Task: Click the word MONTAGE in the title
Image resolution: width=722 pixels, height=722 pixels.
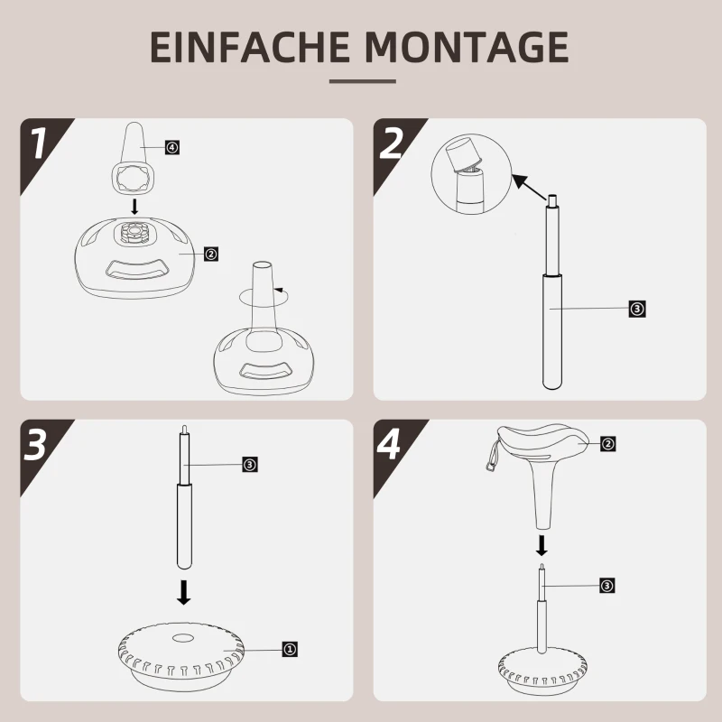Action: point(459,47)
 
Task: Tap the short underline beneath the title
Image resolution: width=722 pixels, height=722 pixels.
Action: point(362,81)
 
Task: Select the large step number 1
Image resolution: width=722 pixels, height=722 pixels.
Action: point(38,144)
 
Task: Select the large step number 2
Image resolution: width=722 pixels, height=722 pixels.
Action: point(392,144)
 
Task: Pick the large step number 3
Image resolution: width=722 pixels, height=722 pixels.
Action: point(36,445)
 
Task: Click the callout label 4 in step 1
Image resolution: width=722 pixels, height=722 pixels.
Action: point(172,146)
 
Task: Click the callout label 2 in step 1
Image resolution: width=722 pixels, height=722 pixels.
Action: point(210,255)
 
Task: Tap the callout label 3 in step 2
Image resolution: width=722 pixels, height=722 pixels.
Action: point(637,309)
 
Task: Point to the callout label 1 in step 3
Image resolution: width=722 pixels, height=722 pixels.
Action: point(290,648)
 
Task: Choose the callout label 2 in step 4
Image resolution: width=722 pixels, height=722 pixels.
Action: point(607,444)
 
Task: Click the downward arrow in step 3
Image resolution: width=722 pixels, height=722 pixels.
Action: point(184,591)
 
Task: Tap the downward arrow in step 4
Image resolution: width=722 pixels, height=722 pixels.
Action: point(541,544)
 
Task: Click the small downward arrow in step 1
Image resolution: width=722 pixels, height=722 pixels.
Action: point(135,207)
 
